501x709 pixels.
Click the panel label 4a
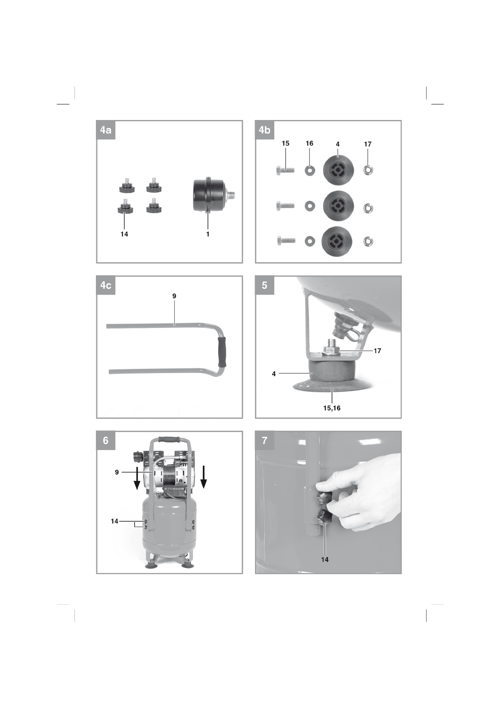[x=106, y=130]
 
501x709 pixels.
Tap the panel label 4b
[x=265, y=130]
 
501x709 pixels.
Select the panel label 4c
[x=106, y=285]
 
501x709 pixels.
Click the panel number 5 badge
[x=265, y=285]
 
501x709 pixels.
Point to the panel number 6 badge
[x=106, y=440]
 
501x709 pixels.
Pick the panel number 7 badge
[x=265, y=440]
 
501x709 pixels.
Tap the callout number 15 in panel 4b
[x=285, y=144]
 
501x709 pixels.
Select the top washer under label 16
[x=310, y=171]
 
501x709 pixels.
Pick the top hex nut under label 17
[x=368, y=171]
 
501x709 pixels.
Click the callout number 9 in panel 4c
[x=174, y=296]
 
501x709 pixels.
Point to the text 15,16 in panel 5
[x=331, y=408]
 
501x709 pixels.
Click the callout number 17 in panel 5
[x=377, y=351]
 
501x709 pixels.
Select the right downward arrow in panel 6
[x=204, y=476]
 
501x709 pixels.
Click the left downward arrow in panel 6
[x=137, y=479]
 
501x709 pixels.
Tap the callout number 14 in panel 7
[x=325, y=560]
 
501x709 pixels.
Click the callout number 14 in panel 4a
[x=124, y=234]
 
